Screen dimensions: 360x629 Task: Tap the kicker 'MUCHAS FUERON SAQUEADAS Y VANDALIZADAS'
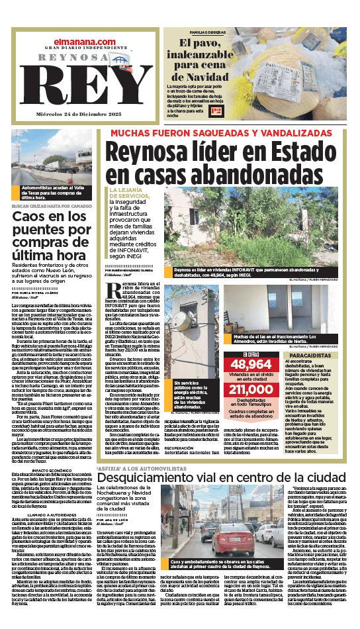point(230,133)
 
